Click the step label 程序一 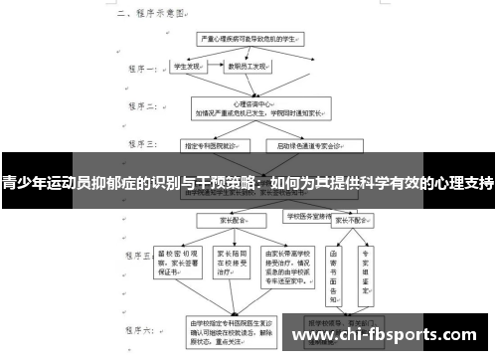(x=138, y=71)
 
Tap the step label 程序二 (x=138, y=106)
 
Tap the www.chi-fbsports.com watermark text (x=392, y=336)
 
